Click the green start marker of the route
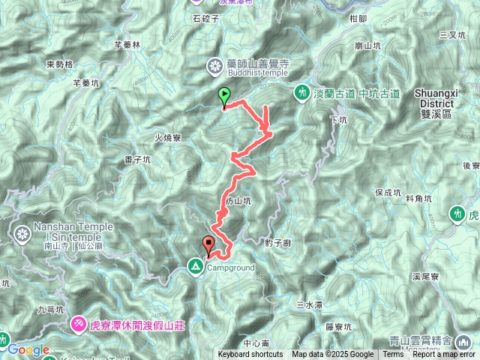(223, 96)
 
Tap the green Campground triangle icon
(195, 266)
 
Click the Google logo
(28, 349)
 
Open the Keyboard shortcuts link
(250, 355)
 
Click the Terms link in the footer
(393, 355)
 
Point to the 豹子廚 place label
(277, 242)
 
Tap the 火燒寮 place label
(168, 137)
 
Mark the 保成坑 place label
(388, 193)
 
